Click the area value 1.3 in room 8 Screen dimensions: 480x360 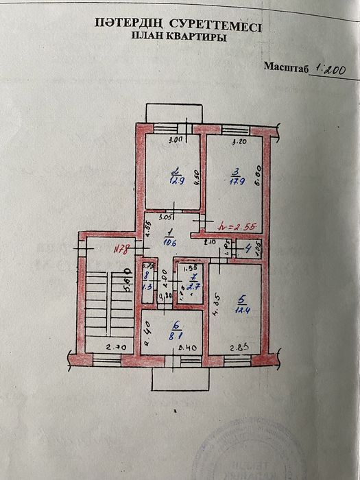coord(146,288)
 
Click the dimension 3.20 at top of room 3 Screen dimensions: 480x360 coord(239,143)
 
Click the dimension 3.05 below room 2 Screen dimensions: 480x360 coord(165,217)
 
